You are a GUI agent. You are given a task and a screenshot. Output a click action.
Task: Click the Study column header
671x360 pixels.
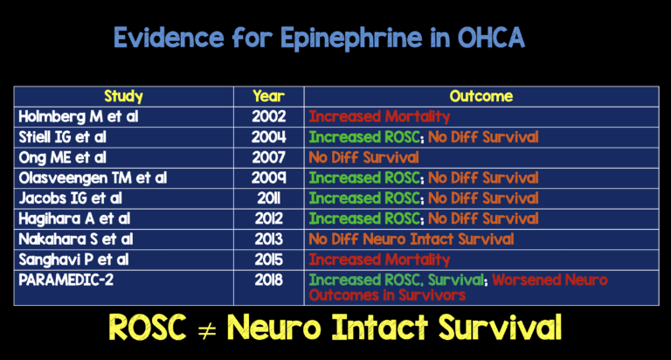123,96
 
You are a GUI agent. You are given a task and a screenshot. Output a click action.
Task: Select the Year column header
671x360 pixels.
267,96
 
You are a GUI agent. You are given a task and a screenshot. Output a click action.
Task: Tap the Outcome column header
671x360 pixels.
481,96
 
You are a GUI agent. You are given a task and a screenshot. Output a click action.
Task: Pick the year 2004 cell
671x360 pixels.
267,137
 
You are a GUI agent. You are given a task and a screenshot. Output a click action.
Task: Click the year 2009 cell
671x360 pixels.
267,177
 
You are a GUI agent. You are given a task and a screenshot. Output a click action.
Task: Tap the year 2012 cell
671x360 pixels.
267,218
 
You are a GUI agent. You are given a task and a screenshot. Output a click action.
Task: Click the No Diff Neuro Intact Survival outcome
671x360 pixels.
411,239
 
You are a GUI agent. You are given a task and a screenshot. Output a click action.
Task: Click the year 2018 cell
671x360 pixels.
267,280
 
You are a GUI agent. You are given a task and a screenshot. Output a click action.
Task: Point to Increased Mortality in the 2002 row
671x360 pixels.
366,116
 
